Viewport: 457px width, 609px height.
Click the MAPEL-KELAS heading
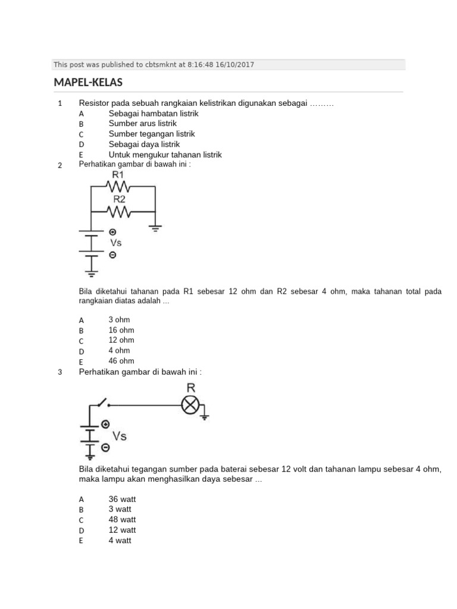pos(88,82)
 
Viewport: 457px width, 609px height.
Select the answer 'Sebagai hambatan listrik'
pos(153,113)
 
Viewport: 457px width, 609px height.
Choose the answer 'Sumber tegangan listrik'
pos(152,134)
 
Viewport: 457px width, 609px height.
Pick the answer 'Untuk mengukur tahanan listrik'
pos(165,155)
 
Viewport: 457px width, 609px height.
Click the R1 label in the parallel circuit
pos(118,175)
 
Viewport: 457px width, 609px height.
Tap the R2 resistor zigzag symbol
pos(118,211)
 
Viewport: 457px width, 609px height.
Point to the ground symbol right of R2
pos(155,227)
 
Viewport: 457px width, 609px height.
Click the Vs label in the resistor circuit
pos(115,243)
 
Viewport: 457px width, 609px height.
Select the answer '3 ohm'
pos(119,320)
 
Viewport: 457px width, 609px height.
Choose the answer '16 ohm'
pos(121,330)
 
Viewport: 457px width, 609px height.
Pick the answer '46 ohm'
pos(121,361)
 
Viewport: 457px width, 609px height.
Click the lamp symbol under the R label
pos(190,406)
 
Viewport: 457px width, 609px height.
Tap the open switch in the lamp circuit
pos(102,403)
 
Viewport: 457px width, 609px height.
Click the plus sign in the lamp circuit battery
pos(105,424)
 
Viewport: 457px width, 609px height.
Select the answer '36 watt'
pos(123,499)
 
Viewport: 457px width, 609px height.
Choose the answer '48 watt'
pos(123,520)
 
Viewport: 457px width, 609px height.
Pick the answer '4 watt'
pos(120,541)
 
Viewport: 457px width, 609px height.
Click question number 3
pos(60,373)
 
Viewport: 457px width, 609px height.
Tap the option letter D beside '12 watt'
pos(82,530)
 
